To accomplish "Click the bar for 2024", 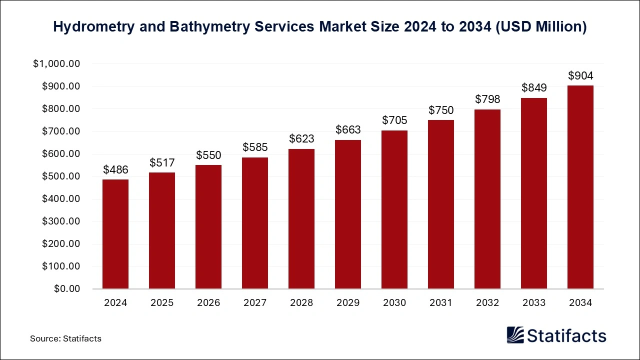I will pos(115,234).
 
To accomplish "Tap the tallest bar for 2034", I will pos(580,187).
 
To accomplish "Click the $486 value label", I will pos(115,170).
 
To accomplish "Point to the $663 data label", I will pos(348,130).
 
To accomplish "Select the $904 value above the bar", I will pos(580,76).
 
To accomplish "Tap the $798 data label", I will pos(487,99).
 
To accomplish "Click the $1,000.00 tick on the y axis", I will pos(56,64).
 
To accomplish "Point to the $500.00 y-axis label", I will pos(60,176).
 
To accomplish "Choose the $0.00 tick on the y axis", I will pos(66,289).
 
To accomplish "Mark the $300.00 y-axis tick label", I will pos(60,221).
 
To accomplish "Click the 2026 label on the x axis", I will pos(208,303).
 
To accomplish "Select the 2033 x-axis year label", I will pos(534,303).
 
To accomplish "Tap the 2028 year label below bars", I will pos(301,303).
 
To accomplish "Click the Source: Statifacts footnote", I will pos(65,338).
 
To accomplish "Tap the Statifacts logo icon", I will pos(515,335).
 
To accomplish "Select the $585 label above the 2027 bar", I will pos(255,147).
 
